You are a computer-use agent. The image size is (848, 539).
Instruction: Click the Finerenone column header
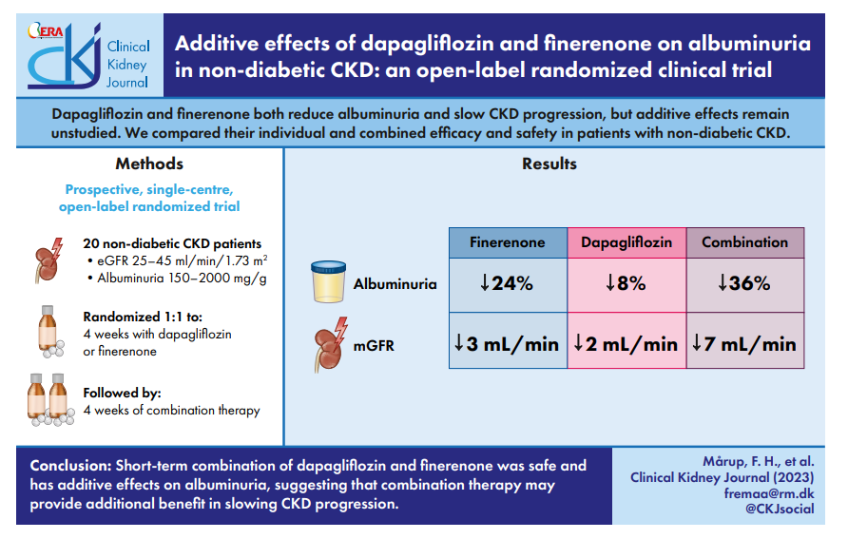(x=508, y=242)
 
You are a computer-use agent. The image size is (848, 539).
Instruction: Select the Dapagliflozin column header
(x=626, y=242)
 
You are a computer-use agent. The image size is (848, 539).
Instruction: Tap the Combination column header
(x=745, y=242)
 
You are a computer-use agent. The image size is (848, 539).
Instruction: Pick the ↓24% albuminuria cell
(x=508, y=285)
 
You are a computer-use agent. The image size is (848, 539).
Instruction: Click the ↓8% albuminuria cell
(x=626, y=285)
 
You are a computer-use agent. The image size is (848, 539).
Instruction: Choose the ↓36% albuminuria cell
(x=745, y=285)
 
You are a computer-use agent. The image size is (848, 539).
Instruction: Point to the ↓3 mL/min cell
(x=508, y=340)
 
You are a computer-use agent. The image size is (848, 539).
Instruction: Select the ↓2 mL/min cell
(x=626, y=340)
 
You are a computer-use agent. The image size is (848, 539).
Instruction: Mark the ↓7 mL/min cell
(x=745, y=340)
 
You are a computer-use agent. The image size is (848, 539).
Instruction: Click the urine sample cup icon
(x=328, y=281)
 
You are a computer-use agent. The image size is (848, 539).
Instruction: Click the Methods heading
(x=149, y=164)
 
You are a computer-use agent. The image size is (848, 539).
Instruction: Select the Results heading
(x=549, y=164)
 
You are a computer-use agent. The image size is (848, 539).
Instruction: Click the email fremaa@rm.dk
(x=769, y=493)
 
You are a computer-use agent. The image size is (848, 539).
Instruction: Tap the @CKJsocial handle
(x=780, y=509)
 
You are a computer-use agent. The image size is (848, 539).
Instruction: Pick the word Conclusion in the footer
(x=71, y=466)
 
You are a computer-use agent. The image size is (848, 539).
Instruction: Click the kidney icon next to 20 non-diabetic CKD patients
(x=48, y=260)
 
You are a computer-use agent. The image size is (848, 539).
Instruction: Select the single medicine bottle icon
(x=49, y=332)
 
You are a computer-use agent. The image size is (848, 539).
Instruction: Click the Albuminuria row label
(x=395, y=284)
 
